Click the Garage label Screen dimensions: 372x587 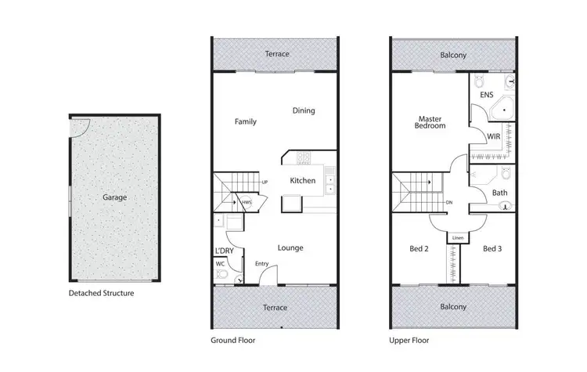pos(114,197)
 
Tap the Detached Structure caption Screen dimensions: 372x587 pos(101,294)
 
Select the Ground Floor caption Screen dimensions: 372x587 pos(232,341)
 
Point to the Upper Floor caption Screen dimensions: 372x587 pos(410,341)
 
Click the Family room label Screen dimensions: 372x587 pos(246,121)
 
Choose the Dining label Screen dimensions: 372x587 pos(304,110)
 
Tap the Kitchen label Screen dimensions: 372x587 pos(303,181)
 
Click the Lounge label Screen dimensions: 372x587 pos(290,247)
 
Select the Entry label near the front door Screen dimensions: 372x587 pos(261,264)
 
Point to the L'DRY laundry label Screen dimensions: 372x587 pos(225,251)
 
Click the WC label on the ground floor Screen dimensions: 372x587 pos(219,264)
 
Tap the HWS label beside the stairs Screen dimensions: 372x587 pos(246,203)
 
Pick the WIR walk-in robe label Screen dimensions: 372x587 pos(493,136)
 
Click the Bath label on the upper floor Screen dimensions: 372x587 pos(499,193)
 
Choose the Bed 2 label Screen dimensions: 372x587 pos(420,248)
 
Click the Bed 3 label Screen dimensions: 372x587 pos(492,248)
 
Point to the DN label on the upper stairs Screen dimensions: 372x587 pos(448,203)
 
